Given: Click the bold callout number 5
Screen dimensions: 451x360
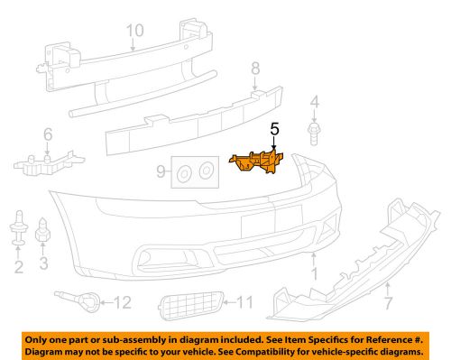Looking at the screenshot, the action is click(275, 129).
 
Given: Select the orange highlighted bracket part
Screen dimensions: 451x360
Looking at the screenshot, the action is click(256, 162).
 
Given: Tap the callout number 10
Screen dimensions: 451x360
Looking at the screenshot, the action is click(135, 31).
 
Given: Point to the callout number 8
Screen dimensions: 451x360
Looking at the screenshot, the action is click(255, 69).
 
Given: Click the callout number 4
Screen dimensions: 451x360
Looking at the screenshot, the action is click(315, 102).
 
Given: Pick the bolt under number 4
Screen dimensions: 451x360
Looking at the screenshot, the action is click(314, 134).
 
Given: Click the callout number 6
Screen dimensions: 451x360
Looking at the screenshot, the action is click(48, 134).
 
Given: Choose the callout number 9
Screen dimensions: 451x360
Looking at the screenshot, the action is click(161, 171).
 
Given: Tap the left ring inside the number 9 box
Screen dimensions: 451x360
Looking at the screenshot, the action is click(184, 174).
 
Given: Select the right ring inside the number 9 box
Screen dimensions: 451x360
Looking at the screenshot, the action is click(207, 171).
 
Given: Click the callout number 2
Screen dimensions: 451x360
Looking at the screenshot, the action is click(19, 267).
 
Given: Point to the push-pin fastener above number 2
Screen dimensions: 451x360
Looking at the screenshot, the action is click(19, 227).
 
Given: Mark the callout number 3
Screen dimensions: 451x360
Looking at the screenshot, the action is click(44, 263).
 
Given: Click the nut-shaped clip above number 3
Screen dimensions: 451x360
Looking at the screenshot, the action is click(42, 230).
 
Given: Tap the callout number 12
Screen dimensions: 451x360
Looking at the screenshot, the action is click(123, 302).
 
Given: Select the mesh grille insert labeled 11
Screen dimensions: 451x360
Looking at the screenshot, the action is click(191, 305).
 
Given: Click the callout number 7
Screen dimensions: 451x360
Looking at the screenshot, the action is click(389, 303).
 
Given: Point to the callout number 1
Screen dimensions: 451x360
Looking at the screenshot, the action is click(315, 273).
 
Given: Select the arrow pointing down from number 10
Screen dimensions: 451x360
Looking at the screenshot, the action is click(133, 44).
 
